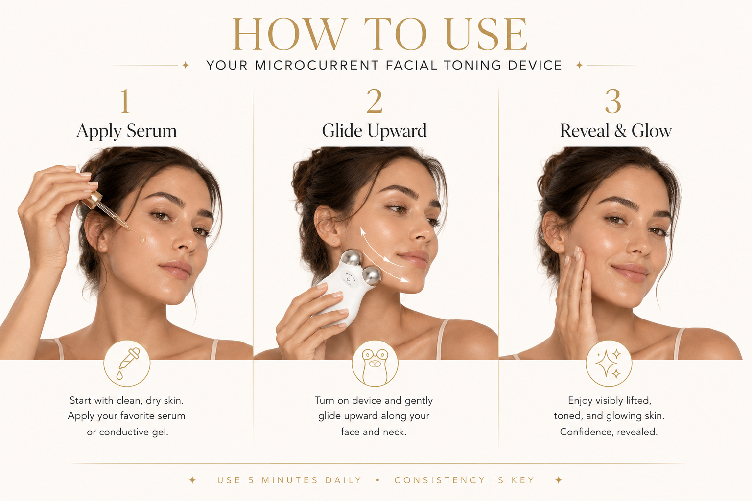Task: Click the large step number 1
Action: point(125,101)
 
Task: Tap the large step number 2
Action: point(375,101)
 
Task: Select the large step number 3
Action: point(613,101)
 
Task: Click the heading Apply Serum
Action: point(126,131)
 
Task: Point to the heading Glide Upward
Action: point(375,131)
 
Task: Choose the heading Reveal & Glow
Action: point(616,130)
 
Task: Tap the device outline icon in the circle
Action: point(375,366)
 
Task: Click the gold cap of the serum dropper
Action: point(93,200)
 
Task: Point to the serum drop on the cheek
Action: point(142,239)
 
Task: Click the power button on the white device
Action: point(348,279)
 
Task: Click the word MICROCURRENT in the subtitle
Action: point(317,65)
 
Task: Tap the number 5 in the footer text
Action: point(251,480)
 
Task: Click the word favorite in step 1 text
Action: point(137,416)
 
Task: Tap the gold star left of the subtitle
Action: point(186,65)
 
